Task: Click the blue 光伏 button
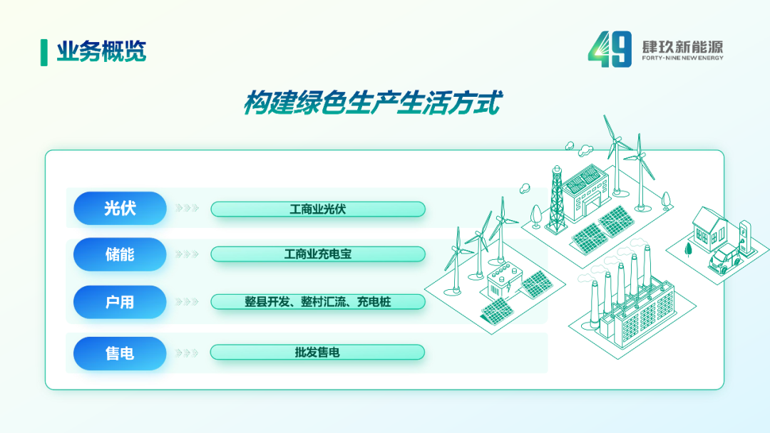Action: (120, 209)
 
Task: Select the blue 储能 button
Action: (120, 254)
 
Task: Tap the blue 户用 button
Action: (120, 302)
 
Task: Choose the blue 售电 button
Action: (120, 353)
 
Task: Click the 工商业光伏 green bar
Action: (318, 209)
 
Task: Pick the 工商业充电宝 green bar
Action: (318, 254)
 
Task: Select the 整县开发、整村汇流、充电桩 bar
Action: (318, 302)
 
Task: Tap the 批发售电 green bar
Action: (318, 353)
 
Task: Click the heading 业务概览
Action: (102, 51)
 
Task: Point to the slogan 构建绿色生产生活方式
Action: (373, 103)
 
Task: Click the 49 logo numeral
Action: (610, 48)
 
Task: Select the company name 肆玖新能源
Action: (682, 47)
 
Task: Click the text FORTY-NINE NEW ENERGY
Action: (682, 58)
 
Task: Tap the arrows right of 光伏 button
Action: (187, 209)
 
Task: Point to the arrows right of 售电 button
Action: (187, 353)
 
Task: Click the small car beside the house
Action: (724, 259)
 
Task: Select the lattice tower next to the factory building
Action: (556, 199)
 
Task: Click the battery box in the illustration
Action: (503, 281)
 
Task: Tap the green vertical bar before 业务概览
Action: (44, 53)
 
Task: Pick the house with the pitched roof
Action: (709, 229)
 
